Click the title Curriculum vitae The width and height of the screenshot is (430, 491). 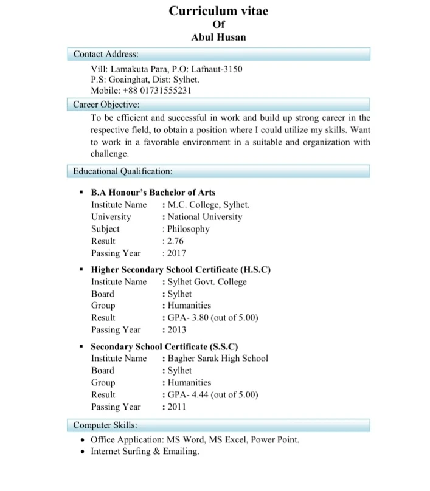[x=218, y=11]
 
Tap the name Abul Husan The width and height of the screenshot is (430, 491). [x=218, y=38]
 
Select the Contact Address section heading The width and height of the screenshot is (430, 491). [x=106, y=54]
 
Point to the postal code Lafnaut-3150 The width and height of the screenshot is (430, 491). [x=217, y=69]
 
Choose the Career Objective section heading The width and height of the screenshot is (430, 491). [x=106, y=104]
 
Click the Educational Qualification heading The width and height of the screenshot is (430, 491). [x=123, y=171]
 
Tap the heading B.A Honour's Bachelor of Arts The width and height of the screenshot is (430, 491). [x=153, y=193]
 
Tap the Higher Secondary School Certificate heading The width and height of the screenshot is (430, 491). [x=180, y=269]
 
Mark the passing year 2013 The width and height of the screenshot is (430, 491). [x=176, y=330]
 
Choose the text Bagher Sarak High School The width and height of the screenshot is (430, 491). [x=217, y=358]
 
